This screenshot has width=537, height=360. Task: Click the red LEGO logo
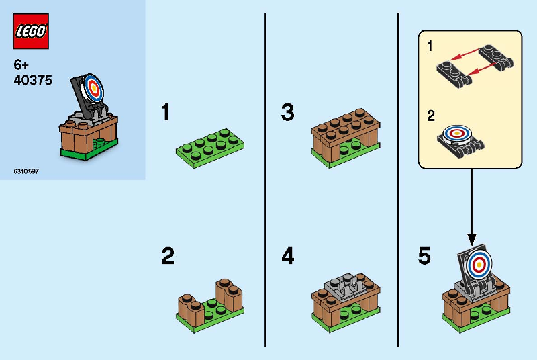point(31,31)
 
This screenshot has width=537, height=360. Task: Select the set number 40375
point(33,80)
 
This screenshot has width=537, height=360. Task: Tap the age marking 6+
point(21,64)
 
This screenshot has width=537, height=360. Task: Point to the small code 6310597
point(26,171)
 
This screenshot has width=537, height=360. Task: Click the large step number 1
point(166,112)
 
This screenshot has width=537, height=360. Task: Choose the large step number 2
point(168,256)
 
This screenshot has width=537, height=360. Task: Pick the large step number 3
point(288,112)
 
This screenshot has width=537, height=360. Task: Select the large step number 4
point(288,256)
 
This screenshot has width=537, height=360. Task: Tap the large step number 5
point(424,256)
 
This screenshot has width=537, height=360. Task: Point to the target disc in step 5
point(478,264)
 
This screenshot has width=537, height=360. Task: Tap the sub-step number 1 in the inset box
point(430,46)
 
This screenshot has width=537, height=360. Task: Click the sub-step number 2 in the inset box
point(431,116)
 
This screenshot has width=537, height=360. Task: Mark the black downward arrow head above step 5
point(472,239)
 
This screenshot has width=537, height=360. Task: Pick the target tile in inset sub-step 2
point(456,133)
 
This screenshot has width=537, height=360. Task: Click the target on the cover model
point(93,88)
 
